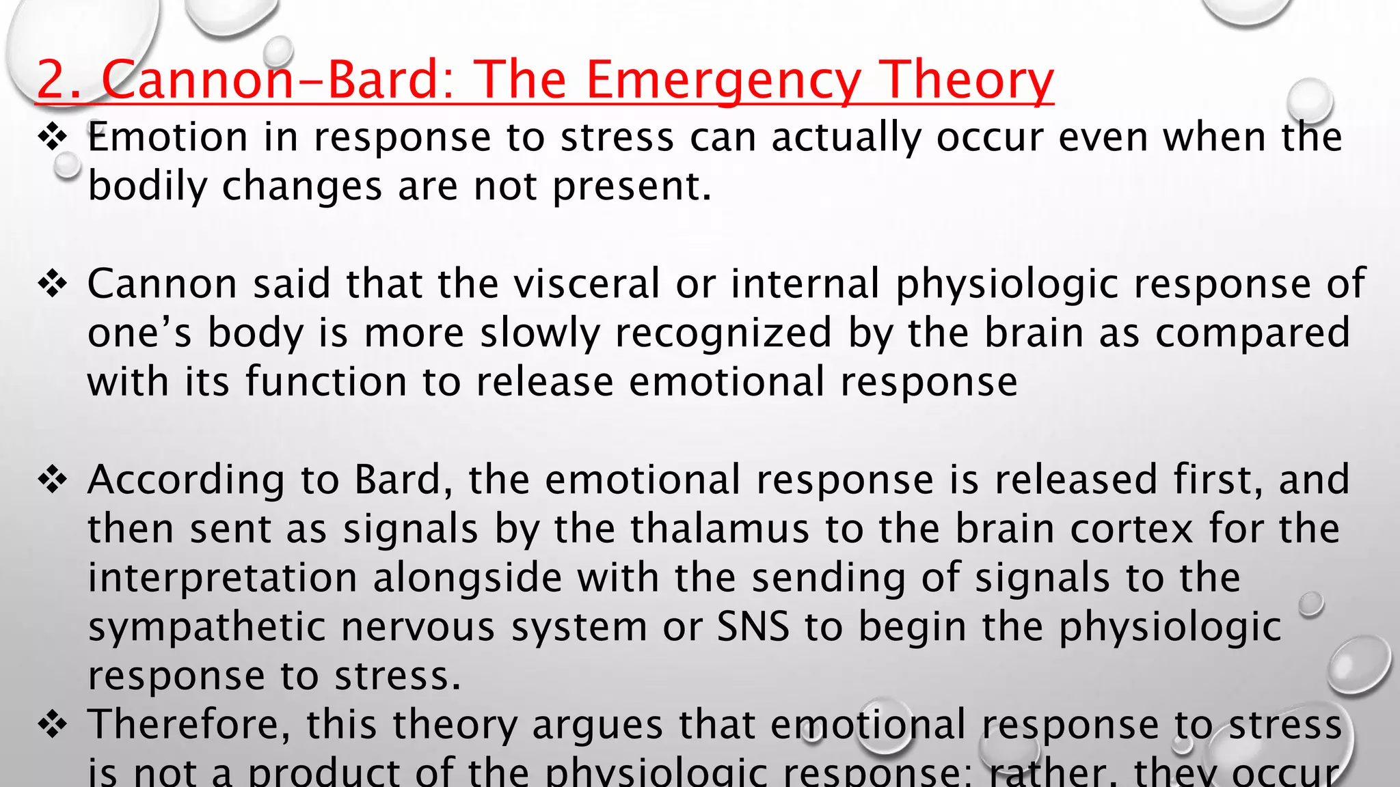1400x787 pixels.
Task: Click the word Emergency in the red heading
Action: pyautogui.click(x=723, y=81)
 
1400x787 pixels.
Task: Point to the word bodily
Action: pyautogui.click(x=147, y=187)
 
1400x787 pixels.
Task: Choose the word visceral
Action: pyautogui.click(x=587, y=284)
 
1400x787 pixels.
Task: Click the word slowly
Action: pyautogui.click(x=539, y=333)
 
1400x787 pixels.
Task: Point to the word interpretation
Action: pyautogui.click(x=222, y=578)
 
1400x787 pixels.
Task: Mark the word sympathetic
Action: pyautogui.click(x=206, y=627)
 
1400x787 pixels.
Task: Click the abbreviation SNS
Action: pyautogui.click(x=753, y=627)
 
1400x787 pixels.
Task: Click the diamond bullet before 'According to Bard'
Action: pyautogui.click(x=52, y=480)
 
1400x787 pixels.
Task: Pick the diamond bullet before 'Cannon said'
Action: pyautogui.click(x=52, y=284)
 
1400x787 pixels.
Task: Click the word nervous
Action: pyautogui.click(x=418, y=627)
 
